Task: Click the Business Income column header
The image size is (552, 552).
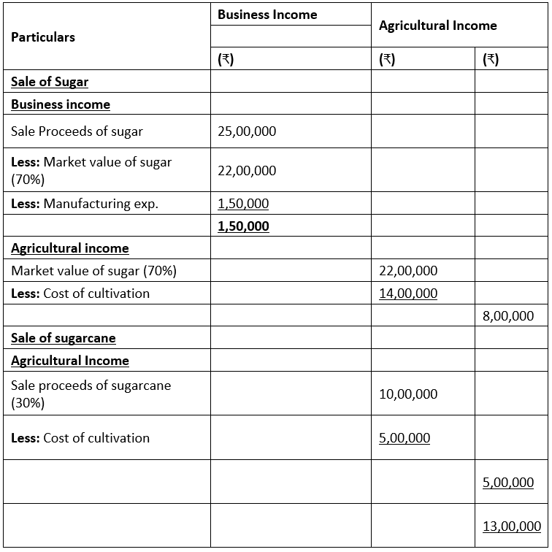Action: pos(267,14)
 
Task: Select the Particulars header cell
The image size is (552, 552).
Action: pos(43,37)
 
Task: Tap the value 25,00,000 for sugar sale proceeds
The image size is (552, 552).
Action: pos(247,132)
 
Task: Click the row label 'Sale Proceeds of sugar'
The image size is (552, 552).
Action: pos(77,132)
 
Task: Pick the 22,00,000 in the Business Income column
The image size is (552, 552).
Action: pos(247,171)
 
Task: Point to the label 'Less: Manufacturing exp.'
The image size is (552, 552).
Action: pos(85,204)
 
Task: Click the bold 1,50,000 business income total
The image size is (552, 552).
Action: pos(243,226)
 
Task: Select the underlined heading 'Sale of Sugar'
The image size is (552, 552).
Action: pos(50,82)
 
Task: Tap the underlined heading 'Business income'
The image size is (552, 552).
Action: pos(61,104)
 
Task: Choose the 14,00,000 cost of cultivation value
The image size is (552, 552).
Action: pos(408,294)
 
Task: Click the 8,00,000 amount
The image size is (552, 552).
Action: pos(508,316)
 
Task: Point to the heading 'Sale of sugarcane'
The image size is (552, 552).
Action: pos(64,338)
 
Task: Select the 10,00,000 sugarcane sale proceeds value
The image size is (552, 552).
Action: pos(408,394)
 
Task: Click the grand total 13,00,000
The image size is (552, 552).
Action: pos(512,526)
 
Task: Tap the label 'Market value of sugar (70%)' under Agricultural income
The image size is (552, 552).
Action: pos(93,271)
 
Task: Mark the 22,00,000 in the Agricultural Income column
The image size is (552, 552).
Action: pos(408,271)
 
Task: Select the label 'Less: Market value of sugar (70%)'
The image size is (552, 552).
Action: pos(91,170)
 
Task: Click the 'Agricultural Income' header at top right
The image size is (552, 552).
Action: pos(437,26)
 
